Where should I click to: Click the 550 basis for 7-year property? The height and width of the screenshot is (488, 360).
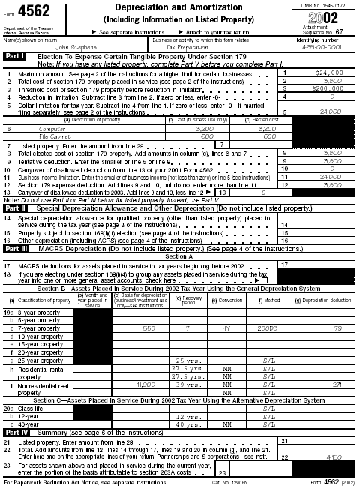click(x=148, y=307)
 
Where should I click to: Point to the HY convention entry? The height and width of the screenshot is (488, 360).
click(x=226, y=307)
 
